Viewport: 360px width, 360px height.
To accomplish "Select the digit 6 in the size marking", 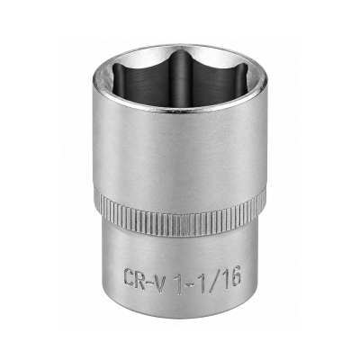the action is [x=234, y=276].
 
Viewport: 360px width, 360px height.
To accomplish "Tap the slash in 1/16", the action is [x=212, y=276].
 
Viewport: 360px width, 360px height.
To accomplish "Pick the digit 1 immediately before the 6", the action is [x=222, y=276].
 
